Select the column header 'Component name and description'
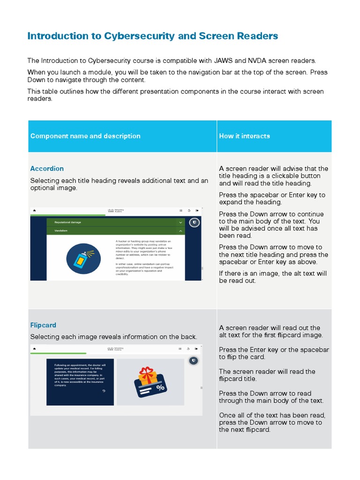click(85, 136)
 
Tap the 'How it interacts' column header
click(244, 136)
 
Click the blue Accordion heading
click(47, 169)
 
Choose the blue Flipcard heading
click(43, 325)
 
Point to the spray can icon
click(83, 258)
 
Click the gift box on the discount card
click(147, 375)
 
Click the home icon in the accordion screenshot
click(34, 210)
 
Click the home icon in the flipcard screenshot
click(34, 348)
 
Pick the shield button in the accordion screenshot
click(194, 223)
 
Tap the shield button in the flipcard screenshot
click(193, 360)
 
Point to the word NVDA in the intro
click(255, 61)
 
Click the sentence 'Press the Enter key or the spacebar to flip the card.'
click(274, 353)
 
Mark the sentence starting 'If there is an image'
click(273, 277)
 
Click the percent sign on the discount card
click(160, 388)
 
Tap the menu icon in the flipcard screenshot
click(180, 348)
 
